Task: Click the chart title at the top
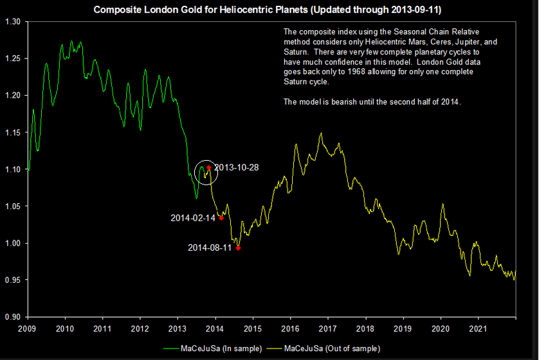pos(271,10)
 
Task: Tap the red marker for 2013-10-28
pos(209,168)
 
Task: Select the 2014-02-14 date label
pos(193,218)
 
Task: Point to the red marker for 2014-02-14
pos(221,219)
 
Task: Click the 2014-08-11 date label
pos(210,248)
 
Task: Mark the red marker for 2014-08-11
pos(238,248)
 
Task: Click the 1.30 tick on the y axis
pos(13,21)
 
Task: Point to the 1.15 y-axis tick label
pos(13,132)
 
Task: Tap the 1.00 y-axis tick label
pos(13,244)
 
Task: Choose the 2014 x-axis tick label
pos(215,328)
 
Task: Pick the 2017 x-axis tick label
pos(328,328)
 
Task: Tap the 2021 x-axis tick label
pos(478,328)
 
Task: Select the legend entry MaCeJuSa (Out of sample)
pos(332,348)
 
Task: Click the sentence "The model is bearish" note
pos(372,102)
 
